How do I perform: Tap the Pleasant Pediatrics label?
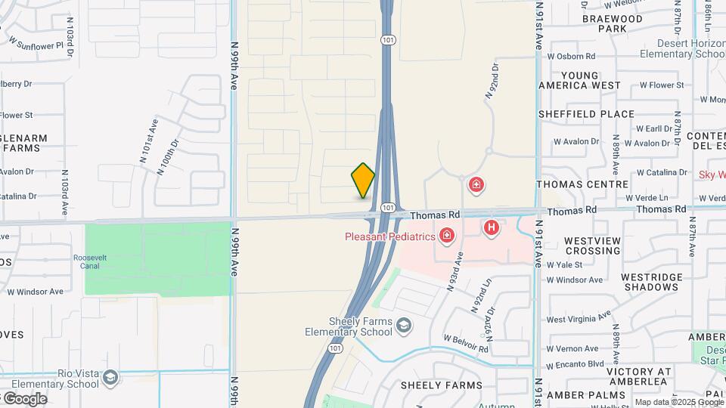point(389,236)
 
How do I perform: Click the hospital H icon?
point(492,226)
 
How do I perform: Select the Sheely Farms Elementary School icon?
point(404,325)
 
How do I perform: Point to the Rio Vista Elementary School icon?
point(111,376)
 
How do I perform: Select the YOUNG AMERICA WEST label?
point(579,80)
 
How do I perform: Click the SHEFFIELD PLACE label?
point(586,114)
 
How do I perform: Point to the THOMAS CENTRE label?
point(582,184)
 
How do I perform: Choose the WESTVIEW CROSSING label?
point(593,246)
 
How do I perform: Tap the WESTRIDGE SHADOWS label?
point(650,282)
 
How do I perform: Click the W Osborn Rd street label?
point(571,56)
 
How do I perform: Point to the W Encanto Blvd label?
point(575,363)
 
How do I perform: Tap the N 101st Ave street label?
point(148,141)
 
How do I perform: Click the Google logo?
point(24,398)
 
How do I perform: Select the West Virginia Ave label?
point(579,316)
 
